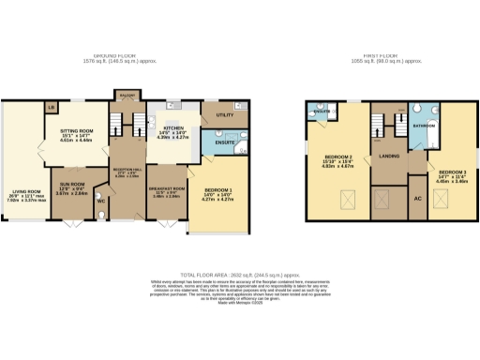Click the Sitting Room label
pyautogui.click(x=76, y=134)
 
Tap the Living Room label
pyautogui.click(x=20, y=192)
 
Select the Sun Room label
pyautogui.click(x=72, y=185)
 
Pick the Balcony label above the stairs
pyautogui.click(x=126, y=95)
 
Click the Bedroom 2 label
pyautogui.click(x=336, y=157)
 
